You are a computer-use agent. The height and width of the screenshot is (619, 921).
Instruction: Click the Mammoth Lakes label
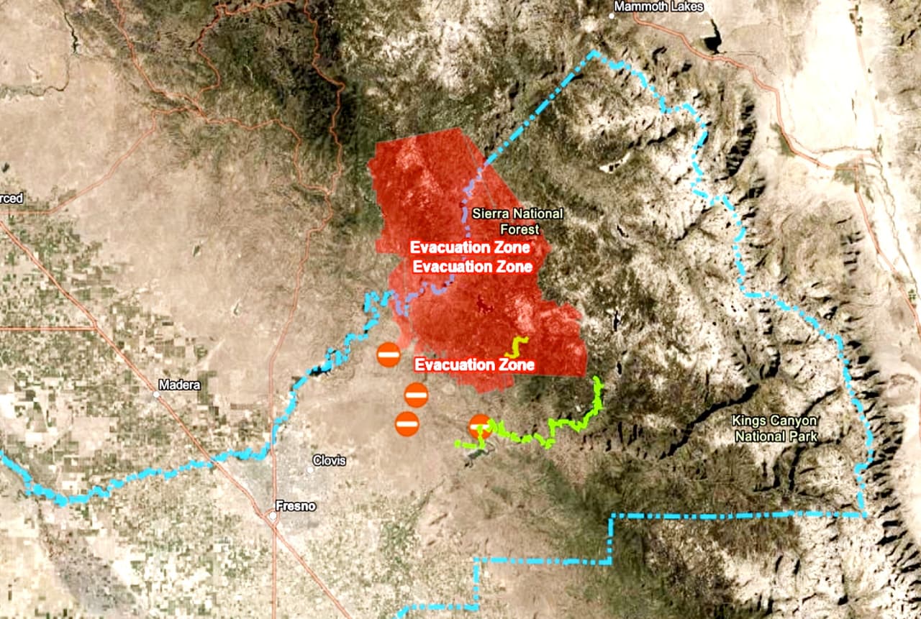[658, 6]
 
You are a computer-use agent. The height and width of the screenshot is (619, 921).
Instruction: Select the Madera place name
[180, 385]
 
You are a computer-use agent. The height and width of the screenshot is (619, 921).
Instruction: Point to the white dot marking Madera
[157, 394]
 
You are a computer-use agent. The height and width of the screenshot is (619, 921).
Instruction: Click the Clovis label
[329, 460]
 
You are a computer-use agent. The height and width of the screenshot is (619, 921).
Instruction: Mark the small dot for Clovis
[310, 469]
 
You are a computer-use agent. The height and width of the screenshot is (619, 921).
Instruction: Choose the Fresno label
[296, 505]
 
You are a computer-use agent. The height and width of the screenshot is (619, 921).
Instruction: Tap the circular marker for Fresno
[273, 515]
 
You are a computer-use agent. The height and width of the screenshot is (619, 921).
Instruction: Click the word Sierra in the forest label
[488, 214]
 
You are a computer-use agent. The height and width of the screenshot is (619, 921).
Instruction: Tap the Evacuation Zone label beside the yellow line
[474, 364]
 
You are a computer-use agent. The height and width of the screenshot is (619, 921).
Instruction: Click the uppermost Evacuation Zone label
[471, 247]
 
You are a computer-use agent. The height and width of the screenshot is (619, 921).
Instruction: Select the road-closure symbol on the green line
[480, 426]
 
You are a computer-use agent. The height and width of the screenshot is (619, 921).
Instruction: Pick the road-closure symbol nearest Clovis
[407, 423]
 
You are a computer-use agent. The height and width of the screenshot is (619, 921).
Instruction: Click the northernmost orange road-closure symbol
[389, 354]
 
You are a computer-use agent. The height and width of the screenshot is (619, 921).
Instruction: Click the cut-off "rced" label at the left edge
[12, 198]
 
